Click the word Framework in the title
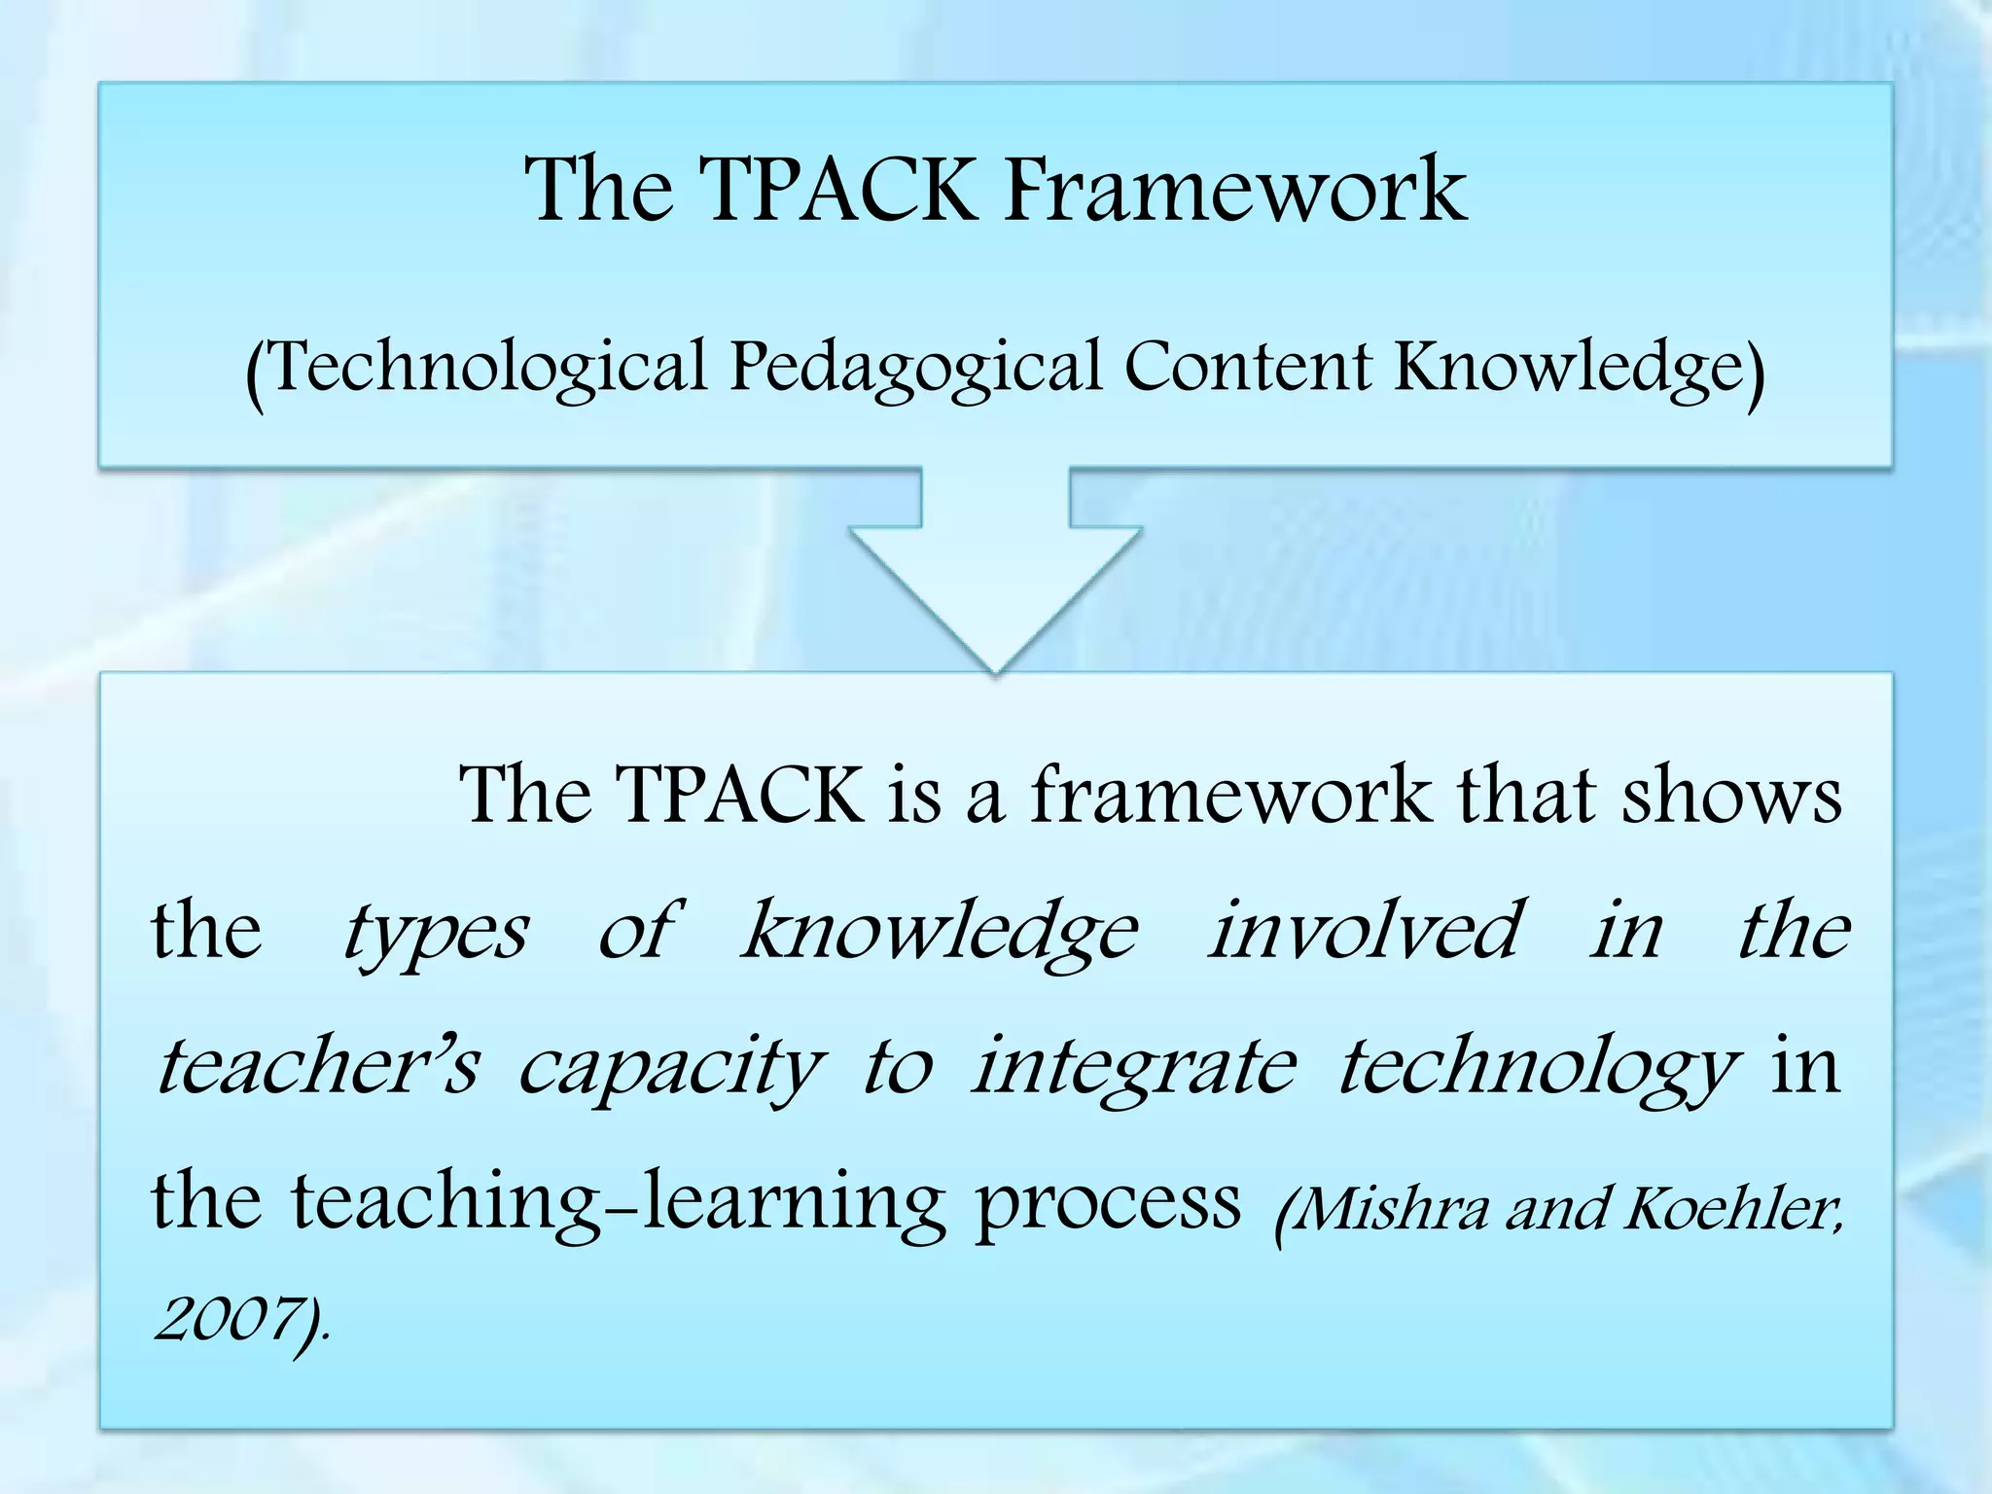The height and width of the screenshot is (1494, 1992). point(1235,189)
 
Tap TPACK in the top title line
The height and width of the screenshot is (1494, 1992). point(836,189)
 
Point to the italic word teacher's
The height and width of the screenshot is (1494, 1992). point(317,1066)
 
